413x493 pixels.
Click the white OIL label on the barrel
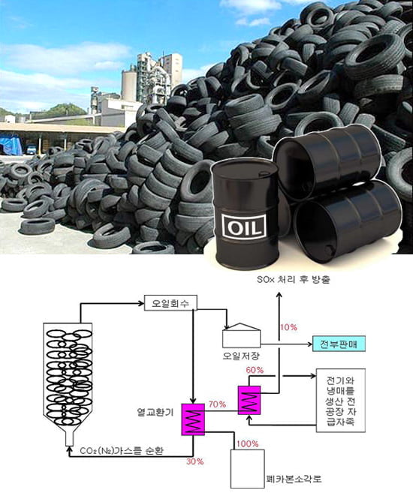[x=244, y=226]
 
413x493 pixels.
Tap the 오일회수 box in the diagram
[x=170, y=303]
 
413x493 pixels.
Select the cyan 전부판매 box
[x=339, y=344]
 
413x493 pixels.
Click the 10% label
[x=288, y=327]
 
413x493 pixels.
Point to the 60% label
[x=255, y=370]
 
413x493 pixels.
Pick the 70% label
[x=217, y=404]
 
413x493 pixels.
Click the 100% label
[x=248, y=444]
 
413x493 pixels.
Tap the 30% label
[x=195, y=461]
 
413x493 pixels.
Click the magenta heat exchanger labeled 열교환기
[x=193, y=419]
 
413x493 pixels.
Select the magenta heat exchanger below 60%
[x=249, y=400]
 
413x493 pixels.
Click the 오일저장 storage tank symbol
[x=241, y=335]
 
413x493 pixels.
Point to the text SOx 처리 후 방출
[x=294, y=279]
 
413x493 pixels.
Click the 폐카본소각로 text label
[x=294, y=479]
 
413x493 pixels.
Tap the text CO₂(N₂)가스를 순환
[x=122, y=450]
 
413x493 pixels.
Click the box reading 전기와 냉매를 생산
[x=341, y=401]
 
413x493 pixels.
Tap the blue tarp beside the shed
[x=11, y=145]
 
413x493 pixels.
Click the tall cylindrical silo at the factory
[x=129, y=86]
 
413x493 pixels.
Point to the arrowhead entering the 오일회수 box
[x=141, y=303]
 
